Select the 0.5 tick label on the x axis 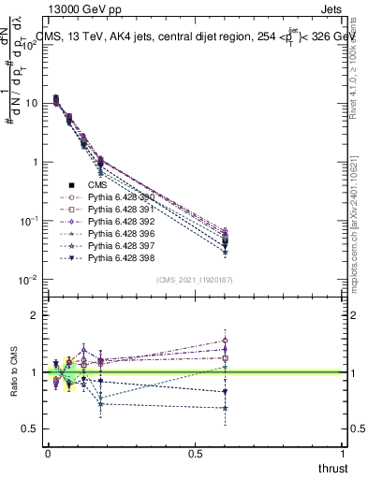click(195, 452)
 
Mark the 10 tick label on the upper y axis click(31, 103)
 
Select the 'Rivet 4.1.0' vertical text click(357, 56)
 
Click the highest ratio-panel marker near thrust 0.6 click(225, 341)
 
